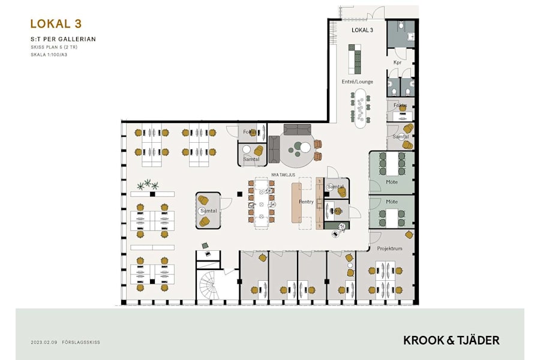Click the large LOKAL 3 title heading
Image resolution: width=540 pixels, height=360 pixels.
coord(56,24)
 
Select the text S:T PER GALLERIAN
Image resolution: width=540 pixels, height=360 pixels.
coord(63,39)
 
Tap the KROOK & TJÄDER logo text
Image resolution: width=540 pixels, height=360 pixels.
coord(451,340)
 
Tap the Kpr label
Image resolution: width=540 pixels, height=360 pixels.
coord(397,62)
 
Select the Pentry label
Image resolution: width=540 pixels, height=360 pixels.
coord(306,202)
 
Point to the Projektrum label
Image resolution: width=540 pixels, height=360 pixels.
coord(389,248)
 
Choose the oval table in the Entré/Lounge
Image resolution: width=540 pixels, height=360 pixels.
coord(362,109)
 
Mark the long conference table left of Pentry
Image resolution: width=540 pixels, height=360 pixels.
coord(261,202)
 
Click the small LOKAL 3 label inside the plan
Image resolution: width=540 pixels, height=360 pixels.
coord(362,30)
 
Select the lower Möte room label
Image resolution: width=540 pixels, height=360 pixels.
coord(392,202)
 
